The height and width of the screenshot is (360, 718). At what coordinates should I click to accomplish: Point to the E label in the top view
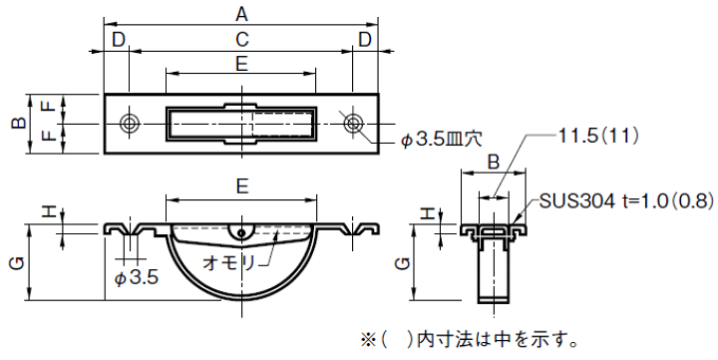(241, 64)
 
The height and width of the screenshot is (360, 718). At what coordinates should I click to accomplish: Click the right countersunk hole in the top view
(354, 123)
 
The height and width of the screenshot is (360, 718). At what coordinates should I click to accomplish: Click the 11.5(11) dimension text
(598, 134)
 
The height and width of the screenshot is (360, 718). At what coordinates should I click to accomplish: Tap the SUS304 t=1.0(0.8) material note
(626, 200)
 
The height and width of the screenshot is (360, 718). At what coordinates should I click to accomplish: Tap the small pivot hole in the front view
(241, 232)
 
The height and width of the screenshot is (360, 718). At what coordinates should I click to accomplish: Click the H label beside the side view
(426, 212)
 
